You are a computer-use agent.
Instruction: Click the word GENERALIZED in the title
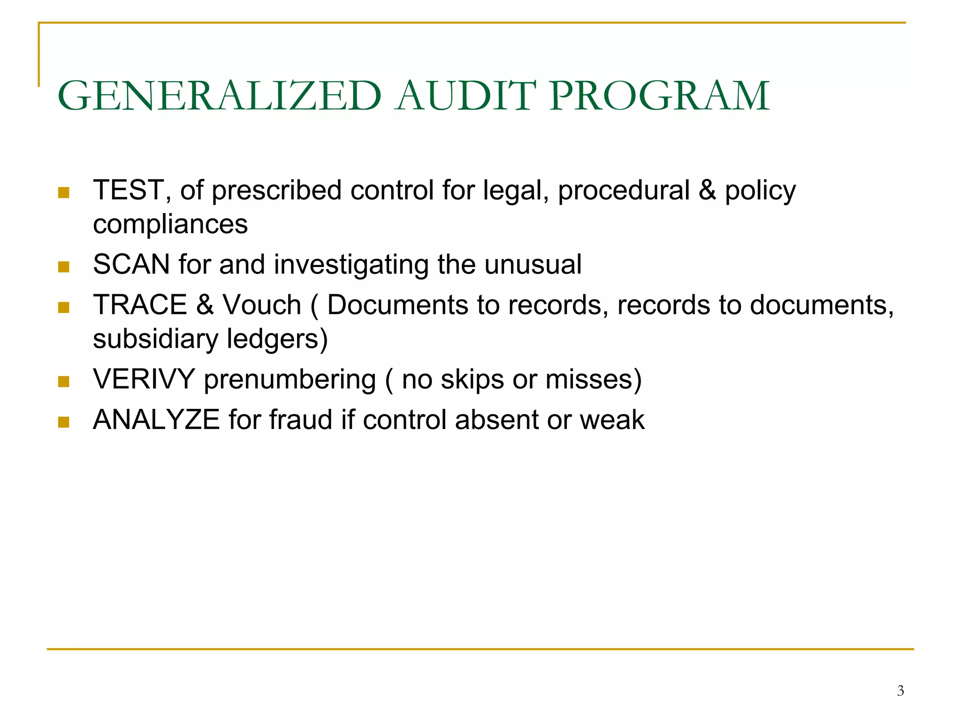[x=220, y=96]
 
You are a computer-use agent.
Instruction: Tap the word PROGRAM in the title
[x=659, y=96]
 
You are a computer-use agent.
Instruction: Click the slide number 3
[x=900, y=690]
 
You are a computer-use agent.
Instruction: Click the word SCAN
[x=131, y=264]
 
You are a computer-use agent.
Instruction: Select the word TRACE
[x=140, y=305]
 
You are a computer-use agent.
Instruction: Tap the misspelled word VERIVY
[x=144, y=379]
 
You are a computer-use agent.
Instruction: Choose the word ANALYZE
[x=156, y=419]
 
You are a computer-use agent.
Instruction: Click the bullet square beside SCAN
[x=64, y=267]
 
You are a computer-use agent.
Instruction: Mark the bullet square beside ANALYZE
[x=64, y=422]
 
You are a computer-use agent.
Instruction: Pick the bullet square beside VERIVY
[x=64, y=382]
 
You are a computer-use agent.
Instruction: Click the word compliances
[x=170, y=224]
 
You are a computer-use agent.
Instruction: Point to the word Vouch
[x=261, y=305]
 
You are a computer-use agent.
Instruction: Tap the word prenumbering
[x=290, y=379]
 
